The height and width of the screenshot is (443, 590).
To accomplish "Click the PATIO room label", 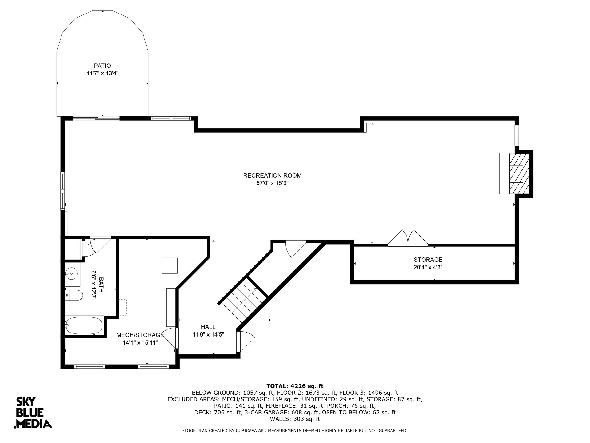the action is pos(102,66).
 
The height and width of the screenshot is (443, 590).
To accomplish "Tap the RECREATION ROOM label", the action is pos(272,175).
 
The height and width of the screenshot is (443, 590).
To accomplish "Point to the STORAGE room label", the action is pos(428,260).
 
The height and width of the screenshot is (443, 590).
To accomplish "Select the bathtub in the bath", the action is pos(84,325).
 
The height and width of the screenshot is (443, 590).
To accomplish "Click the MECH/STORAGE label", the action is pos(140,335).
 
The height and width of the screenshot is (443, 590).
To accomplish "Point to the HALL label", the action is pos(208,327).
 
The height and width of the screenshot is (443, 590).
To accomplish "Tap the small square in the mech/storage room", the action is pos(170,265).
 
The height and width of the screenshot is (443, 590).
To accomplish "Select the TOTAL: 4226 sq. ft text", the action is pos(295,386).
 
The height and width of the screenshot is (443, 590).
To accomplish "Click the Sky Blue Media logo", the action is pos(33,413).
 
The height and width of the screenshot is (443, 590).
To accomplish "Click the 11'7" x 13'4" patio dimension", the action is pos(102,74).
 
